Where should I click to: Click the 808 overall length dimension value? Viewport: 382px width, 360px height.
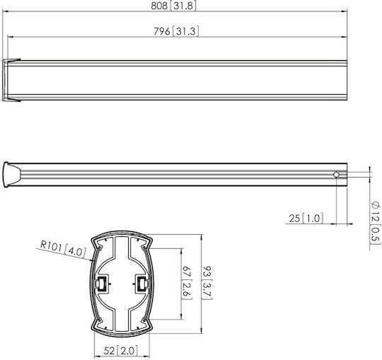(x=159, y=6)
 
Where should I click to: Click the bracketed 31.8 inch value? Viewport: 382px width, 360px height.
(x=183, y=6)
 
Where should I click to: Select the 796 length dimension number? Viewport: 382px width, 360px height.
(x=162, y=31)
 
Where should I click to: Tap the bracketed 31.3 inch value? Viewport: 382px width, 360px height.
(x=185, y=31)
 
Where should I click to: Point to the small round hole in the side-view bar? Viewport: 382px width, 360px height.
(x=336, y=175)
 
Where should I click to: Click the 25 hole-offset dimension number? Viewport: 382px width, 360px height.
(x=294, y=219)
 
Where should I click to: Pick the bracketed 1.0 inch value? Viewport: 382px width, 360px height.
(x=313, y=219)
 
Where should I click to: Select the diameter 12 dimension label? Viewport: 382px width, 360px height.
(x=376, y=211)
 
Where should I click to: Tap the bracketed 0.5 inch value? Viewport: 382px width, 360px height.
(x=375, y=234)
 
